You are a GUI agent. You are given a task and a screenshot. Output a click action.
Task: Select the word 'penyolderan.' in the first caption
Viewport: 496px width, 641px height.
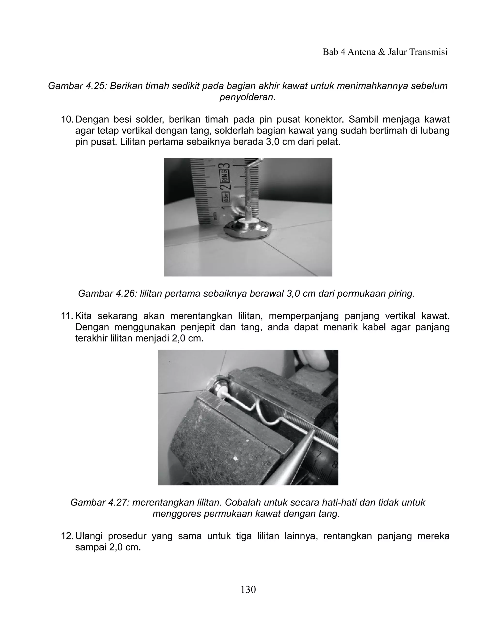[x=248, y=97]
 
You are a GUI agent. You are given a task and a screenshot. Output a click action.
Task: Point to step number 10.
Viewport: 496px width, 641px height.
[x=67, y=120]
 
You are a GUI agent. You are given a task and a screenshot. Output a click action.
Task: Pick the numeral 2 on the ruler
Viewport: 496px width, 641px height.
[x=227, y=187]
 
